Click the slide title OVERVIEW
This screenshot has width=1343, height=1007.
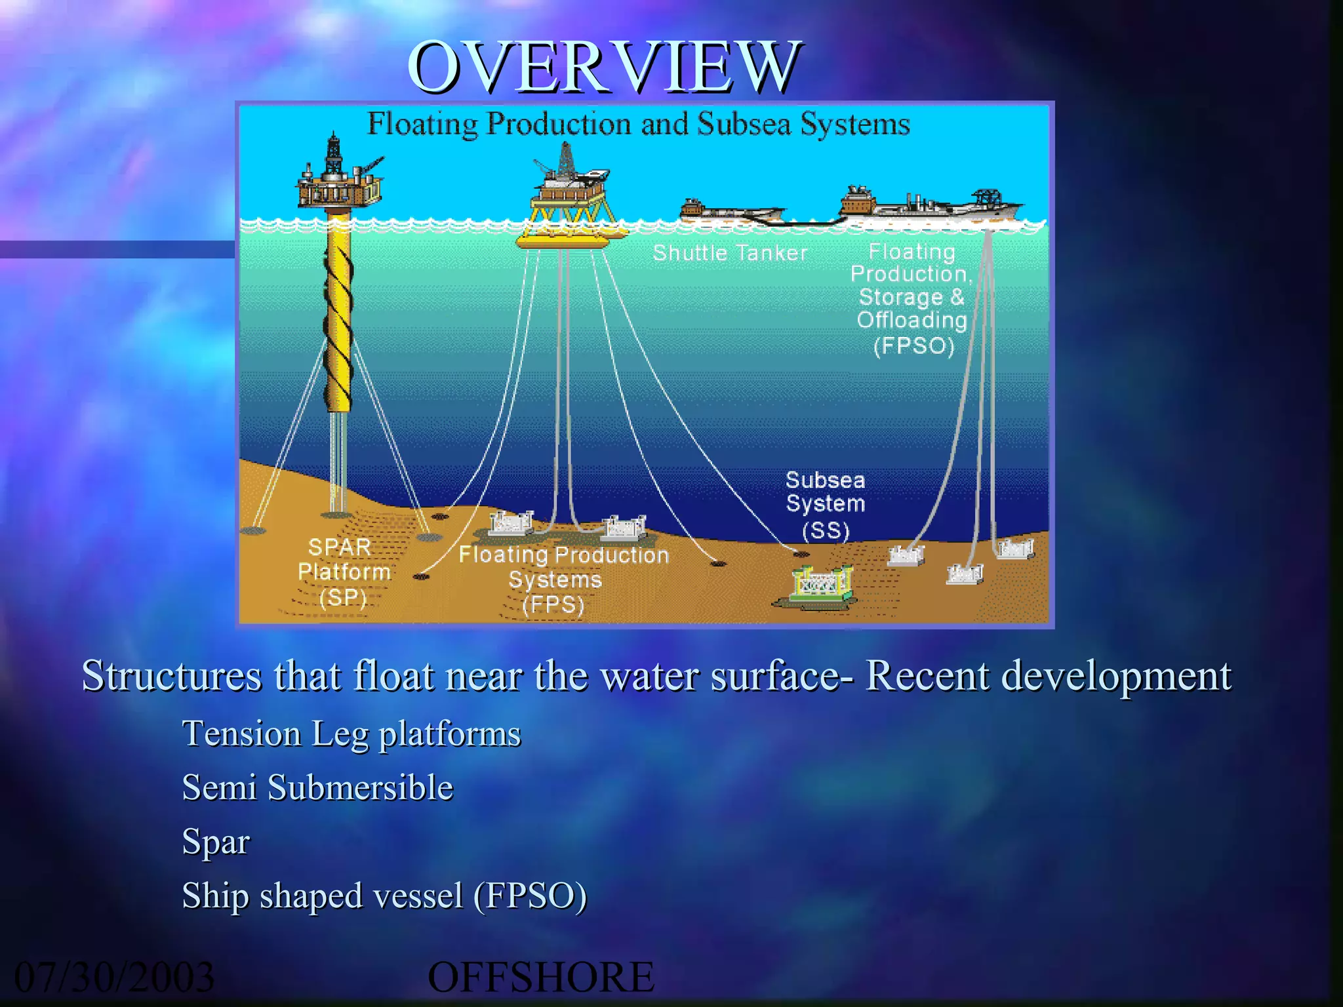coord(603,67)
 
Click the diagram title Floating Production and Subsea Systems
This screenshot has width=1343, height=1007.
coord(637,124)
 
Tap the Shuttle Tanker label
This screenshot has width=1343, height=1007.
coord(730,253)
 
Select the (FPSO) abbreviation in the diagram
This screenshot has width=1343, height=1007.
coord(913,346)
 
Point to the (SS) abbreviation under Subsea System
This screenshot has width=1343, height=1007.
coord(825,530)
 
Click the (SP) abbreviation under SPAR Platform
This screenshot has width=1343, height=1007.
coord(342,597)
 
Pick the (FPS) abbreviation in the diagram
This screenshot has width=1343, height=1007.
coord(553,604)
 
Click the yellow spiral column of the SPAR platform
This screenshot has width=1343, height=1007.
coord(338,315)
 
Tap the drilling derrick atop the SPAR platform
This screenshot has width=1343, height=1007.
coord(334,154)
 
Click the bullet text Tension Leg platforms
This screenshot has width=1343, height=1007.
coord(351,733)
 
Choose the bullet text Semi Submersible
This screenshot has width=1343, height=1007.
coord(317,787)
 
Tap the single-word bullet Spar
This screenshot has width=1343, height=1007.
coord(216,841)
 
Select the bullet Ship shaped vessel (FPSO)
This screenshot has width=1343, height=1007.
coord(384,896)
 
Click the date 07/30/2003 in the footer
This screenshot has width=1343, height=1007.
coord(114,977)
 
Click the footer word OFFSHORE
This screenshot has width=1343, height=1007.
coord(540,977)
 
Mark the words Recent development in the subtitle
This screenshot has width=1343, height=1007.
coord(1048,675)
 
